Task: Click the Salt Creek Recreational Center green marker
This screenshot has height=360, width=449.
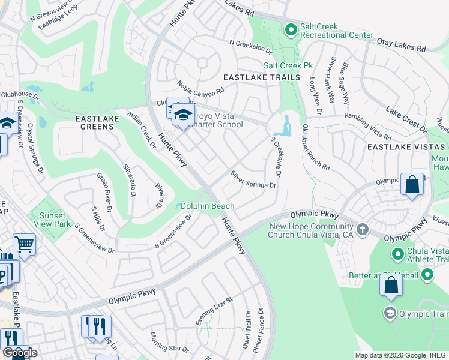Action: tap(291, 29)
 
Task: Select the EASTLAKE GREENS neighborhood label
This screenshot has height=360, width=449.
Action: tap(97, 119)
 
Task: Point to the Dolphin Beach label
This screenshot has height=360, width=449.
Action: tap(208, 206)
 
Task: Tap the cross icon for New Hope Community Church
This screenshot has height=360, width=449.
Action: tap(362, 229)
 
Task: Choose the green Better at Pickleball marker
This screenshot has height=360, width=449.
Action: tap(427, 275)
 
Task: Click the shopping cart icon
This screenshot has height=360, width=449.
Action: tap(24, 243)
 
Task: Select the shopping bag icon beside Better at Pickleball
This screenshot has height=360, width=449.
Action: tap(391, 286)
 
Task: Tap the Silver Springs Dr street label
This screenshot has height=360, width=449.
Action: tap(253, 179)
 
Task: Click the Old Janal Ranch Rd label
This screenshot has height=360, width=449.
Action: tap(316, 146)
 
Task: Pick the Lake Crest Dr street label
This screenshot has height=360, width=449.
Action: tap(406, 120)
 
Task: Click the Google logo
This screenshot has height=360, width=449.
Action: tap(19, 353)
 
